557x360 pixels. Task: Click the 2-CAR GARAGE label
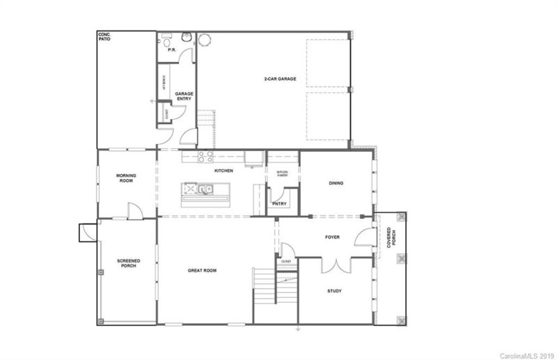281,79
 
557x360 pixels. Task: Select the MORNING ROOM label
126,178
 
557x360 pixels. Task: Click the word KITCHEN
223,171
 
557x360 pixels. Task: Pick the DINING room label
336,184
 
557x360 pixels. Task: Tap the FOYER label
332,237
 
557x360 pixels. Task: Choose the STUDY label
334,291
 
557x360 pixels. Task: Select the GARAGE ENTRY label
184,96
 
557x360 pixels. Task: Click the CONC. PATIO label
105,36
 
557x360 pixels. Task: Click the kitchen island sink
207,188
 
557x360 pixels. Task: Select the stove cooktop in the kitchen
205,157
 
